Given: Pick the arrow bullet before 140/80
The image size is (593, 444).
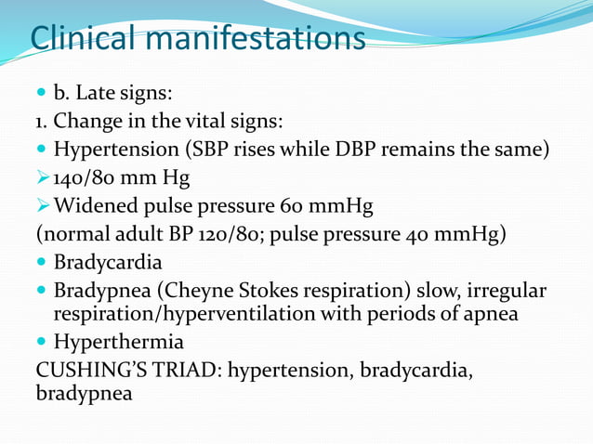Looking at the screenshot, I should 42,176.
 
